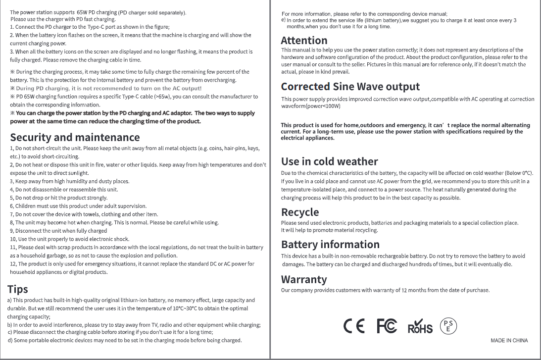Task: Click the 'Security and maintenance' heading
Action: pos(75,137)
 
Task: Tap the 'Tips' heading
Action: pos(17,289)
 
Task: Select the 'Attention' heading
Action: pos(304,41)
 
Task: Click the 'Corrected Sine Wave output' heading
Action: pos(350,87)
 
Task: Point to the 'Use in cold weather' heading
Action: pos(329,161)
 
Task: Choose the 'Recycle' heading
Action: pos(300,212)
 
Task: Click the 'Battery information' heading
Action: pos(330,245)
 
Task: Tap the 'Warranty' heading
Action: pos(304,280)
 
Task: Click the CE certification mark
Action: pos(354,327)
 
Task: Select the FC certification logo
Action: pos(387,327)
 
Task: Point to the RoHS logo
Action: pos(420,327)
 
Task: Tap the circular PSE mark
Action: pos(448,326)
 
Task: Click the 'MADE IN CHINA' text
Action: pos(509,341)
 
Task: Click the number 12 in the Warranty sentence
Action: pos(404,290)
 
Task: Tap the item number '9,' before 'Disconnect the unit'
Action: pos(12,231)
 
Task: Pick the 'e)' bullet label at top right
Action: pos(283,20)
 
